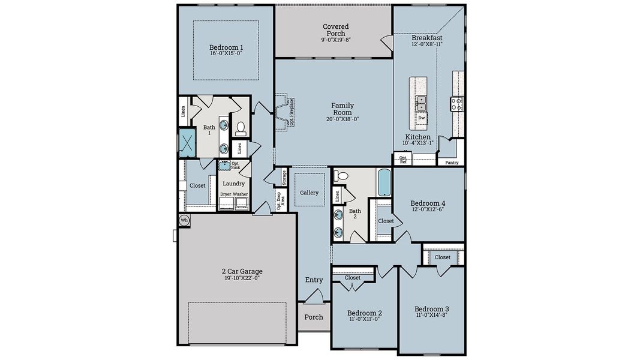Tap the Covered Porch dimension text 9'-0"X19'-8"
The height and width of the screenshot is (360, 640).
[x=335, y=40]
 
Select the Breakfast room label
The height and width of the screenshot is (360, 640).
[x=427, y=38]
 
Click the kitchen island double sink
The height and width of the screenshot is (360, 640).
[x=422, y=104]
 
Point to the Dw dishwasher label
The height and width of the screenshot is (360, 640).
[x=422, y=118]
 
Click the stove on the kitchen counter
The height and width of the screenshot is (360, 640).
[x=457, y=104]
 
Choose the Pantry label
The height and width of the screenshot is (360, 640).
[x=452, y=162]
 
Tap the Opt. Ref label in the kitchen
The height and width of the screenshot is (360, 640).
[x=403, y=160]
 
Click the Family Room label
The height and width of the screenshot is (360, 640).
[x=342, y=109]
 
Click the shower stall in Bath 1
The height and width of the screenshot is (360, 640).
[x=188, y=143]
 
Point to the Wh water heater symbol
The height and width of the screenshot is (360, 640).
[x=185, y=221]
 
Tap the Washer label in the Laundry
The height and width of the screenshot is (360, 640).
[x=241, y=194]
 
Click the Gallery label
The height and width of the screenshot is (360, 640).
[x=309, y=193]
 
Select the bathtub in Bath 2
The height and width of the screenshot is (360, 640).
[x=384, y=182]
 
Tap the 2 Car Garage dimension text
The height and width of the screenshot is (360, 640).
[x=242, y=278]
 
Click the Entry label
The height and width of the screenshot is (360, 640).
[x=314, y=280]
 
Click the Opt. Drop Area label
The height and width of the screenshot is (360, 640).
[x=280, y=200]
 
